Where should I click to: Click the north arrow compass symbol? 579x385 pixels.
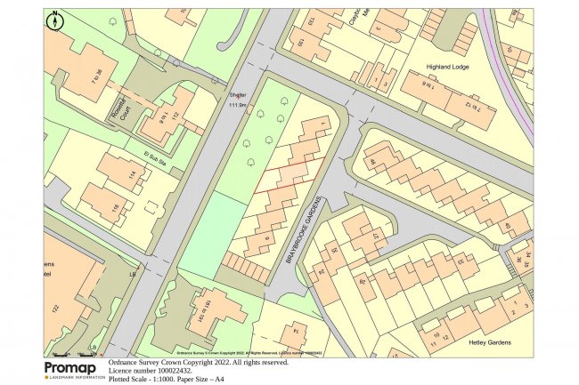55,20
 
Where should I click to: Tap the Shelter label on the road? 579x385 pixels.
237,95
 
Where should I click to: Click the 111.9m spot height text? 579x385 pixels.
239,105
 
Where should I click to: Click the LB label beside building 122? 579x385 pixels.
133,275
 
